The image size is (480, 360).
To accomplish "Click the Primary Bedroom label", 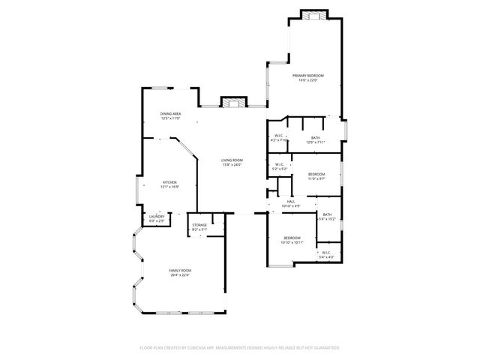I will [308, 76].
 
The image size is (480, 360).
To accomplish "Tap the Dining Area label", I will [170, 113].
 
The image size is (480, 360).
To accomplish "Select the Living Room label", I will [232, 160].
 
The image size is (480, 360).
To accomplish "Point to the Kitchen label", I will [170, 182].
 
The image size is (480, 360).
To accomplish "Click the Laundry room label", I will [156, 217].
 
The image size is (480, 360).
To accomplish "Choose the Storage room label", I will [199, 225].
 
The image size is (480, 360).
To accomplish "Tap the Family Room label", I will [180, 270].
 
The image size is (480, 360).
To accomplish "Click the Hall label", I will [290, 201].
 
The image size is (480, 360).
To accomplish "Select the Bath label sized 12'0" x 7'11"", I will [316, 138].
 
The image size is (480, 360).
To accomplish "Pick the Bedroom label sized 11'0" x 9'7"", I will [316, 174].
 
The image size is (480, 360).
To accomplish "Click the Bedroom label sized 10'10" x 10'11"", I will [292, 238].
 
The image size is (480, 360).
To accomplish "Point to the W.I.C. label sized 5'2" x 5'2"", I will [279, 164].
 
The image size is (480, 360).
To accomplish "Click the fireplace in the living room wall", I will [231, 101].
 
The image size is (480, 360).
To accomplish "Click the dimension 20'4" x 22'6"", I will [180, 274].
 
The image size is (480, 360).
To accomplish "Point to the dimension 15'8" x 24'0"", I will [232, 164].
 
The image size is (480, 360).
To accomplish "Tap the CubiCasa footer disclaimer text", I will [240, 348].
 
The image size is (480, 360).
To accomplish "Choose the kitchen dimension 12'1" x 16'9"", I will [170, 187].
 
